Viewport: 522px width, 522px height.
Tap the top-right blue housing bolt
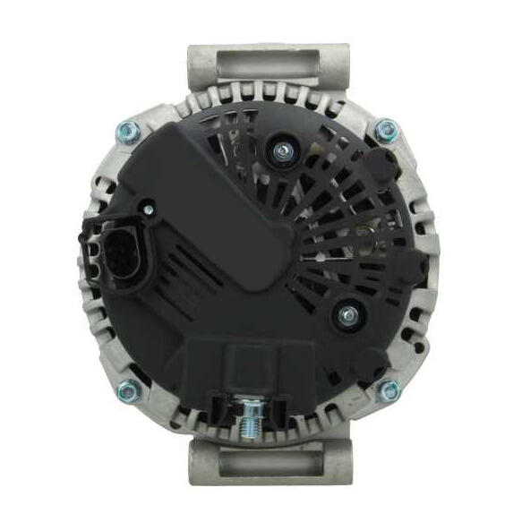386,131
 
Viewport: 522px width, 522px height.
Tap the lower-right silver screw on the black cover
345,315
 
